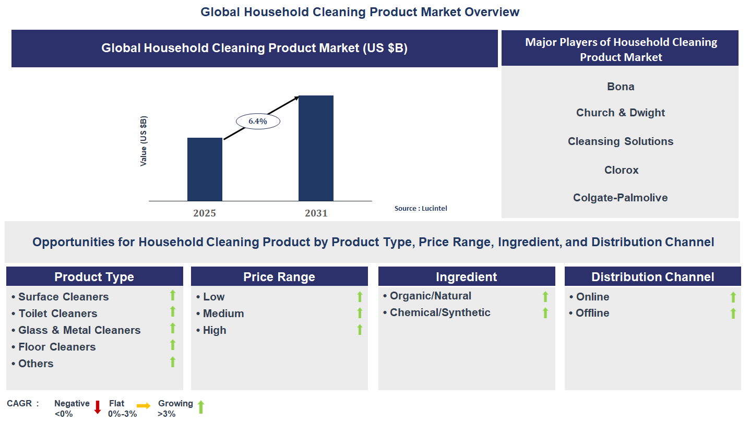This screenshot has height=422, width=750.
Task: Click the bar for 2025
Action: pyautogui.click(x=205, y=169)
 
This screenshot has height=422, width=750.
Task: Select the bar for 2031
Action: pyautogui.click(x=316, y=148)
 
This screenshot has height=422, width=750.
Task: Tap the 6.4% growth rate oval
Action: pyautogui.click(x=258, y=121)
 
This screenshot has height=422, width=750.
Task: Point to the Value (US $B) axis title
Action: pyautogui.click(x=144, y=141)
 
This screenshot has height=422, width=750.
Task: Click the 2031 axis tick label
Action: pyautogui.click(x=316, y=213)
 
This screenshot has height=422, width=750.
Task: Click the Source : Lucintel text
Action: pyautogui.click(x=421, y=208)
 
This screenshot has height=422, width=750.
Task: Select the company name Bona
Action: pyautogui.click(x=621, y=87)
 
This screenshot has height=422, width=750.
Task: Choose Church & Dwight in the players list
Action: pyautogui.click(x=621, y=113)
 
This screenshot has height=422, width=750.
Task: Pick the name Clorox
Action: pyautogui.click(x=621, y=170)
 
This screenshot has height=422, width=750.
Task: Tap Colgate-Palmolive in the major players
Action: pyautogui.click(x=620, y=198)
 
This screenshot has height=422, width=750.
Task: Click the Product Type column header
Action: pyautogui.click(x=94, y=276)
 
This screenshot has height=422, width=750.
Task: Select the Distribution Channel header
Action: pyautogui.click(x=652, y=276)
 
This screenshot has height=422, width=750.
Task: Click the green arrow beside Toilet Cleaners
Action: pyautogui.click(x=173, y=312)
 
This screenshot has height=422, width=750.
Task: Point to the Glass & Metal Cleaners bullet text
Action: pyautogui.click(x=79, y=330)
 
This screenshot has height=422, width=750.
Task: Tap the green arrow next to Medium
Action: pyautogui.click(x=360, y=313)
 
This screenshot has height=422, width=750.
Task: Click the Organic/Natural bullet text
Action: pyautogui.click(x=430, y=296)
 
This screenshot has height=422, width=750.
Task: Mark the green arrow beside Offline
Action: pyautogui.click(x=733, y=313)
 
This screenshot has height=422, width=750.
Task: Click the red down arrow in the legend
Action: pyautogui.click(x=97, y=407)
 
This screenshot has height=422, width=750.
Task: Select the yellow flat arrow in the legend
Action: pyautogui.click(x=144, y=405)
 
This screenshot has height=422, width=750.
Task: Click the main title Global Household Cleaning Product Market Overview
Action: pyautogui.click(x=360, y=11)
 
